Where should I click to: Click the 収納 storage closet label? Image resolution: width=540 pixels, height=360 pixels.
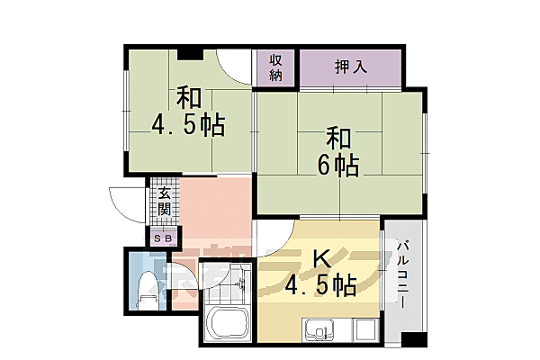click(275, 68)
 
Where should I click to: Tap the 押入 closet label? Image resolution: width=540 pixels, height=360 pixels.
click(350, 66)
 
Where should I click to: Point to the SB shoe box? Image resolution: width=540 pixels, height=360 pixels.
click(164, 238)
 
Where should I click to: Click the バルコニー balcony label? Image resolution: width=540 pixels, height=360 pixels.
click(404, 275)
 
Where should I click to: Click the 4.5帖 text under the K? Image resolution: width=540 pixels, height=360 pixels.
click(320, 287)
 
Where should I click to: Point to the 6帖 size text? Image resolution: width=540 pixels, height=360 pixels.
click(339, 165)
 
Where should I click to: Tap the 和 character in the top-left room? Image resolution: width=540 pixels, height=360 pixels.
click(187, 96)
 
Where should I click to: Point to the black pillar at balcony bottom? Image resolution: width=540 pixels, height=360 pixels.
click(412, 341)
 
